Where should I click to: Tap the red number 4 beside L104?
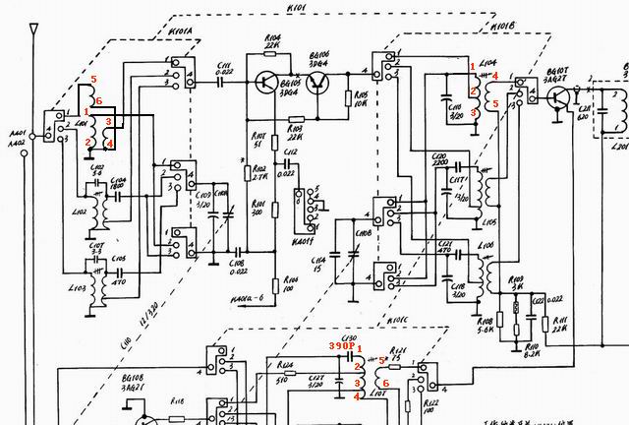click(x=495, y=76)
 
